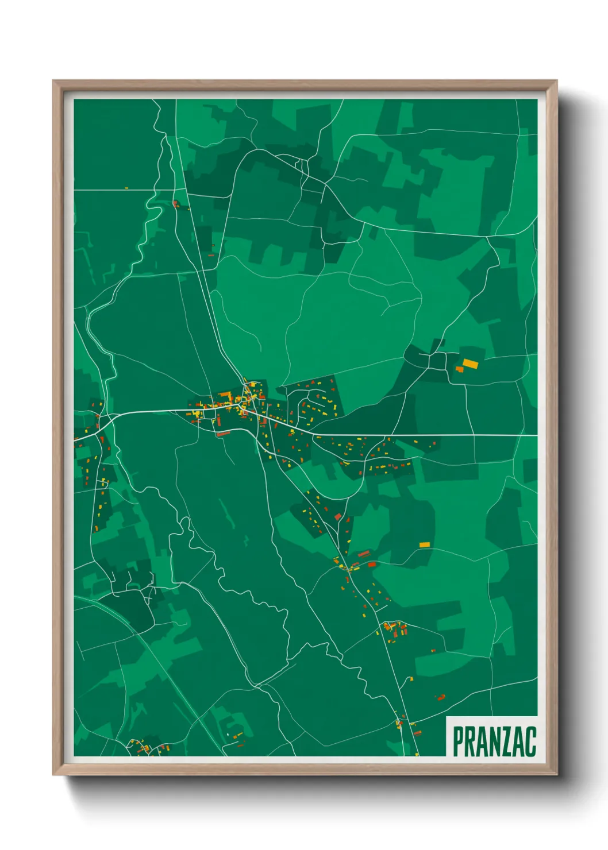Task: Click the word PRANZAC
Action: [494, 741]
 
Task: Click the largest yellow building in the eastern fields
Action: [470, 363]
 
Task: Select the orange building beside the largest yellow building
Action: [459, 369]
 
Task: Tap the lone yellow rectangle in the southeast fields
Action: [424, 544]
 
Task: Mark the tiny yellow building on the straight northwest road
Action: [126, 188]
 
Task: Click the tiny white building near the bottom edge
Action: [228, 735]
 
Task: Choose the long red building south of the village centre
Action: [223, 434]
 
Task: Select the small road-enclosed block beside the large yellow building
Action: [438, 361]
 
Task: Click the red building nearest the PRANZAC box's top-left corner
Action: [441, 698]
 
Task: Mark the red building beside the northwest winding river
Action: [175, 203]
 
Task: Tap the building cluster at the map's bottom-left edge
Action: [147, 747]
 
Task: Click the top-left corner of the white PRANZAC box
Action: [447, 717]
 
